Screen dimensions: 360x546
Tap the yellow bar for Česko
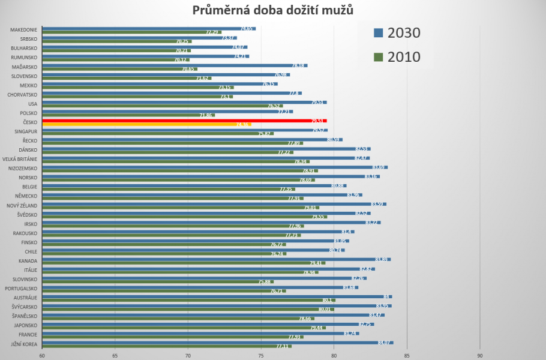pyautogui.click(x=144, y=125)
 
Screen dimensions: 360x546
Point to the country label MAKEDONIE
pyautogui.click(x=23, y=30)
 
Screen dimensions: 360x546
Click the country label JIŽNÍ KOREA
pyautogui.click(x=23, y=344)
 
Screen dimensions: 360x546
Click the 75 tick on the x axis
pyautogui.click(x=261, y=355)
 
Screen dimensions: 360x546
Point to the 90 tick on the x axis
pyautogui.click(x=480, y=355)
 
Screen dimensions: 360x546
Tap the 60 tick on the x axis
pyautogui.click(x=42, y=355)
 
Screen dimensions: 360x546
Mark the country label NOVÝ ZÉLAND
pyautogui.click(x=22, y=205)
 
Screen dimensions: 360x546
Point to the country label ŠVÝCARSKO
pyautogui.click(x=23, y=307)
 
